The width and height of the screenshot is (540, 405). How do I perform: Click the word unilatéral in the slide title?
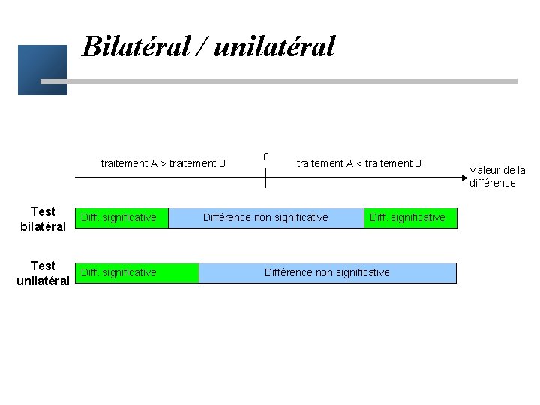[274, 46]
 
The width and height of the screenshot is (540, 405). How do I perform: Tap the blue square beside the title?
[42, 70]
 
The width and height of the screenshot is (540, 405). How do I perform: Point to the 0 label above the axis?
[265, 157]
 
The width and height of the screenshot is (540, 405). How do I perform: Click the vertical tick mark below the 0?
[265, 178]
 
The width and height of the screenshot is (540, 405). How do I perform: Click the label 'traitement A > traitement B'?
[163, 163]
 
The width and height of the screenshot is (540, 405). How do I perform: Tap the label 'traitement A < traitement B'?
[359, 163]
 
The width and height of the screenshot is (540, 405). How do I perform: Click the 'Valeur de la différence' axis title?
[497, 176]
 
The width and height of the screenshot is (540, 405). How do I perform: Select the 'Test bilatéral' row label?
[43, 219]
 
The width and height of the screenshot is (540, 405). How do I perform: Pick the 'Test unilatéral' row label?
[43, 273]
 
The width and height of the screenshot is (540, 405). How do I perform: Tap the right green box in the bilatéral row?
[409, 218]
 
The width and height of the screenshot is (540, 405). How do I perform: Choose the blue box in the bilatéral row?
[265, 218]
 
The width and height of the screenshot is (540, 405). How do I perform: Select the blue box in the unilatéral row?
[327, 272]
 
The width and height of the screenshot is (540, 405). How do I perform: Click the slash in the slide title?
[204, 46]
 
